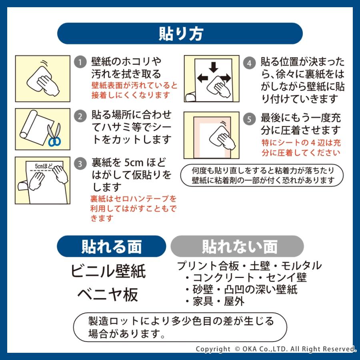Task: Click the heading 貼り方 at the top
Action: pyautogui.click(x=180, y=34)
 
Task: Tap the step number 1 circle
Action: pyautogui.click(x=80, y=62)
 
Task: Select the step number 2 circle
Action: pyautogui.click(x=80, y=116)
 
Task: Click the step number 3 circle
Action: pyautogui.click(x=80, y=164)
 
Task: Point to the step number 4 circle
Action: pyautogui.click(x=250, y=63)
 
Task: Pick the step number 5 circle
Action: pyautogui.click(x=250, y=119)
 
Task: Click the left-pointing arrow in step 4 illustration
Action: pyautogui.click(x=202, y=78)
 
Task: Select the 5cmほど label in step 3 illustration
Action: pyautogui.click(x=43, y=165)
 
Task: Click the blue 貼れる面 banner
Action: pyautogui.click(x=111, y=246)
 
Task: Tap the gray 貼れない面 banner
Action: pyautogui.click(x=238, y=246)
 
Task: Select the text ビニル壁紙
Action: pyautogui.click(x=108, y=271)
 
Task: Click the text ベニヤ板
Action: pyautogui.click(x=108, y=294)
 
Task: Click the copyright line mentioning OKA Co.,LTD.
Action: pyautogui.click(x=276, y=349)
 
